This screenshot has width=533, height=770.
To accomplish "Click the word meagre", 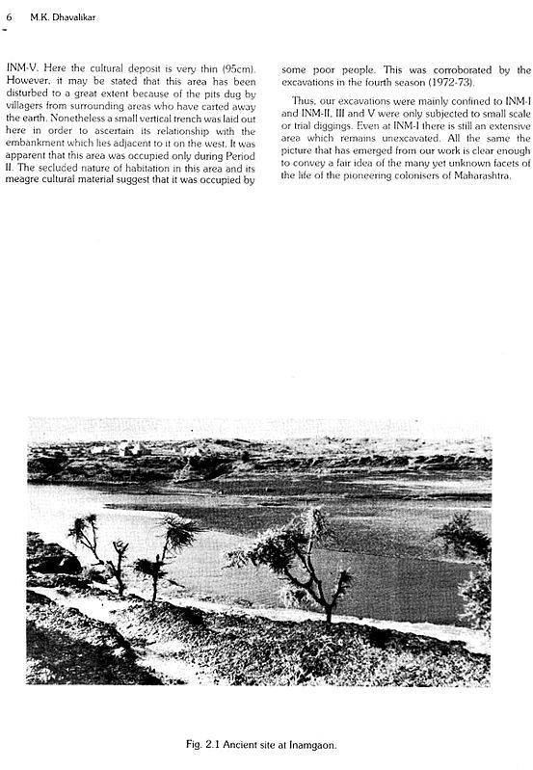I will tap(26, 180).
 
